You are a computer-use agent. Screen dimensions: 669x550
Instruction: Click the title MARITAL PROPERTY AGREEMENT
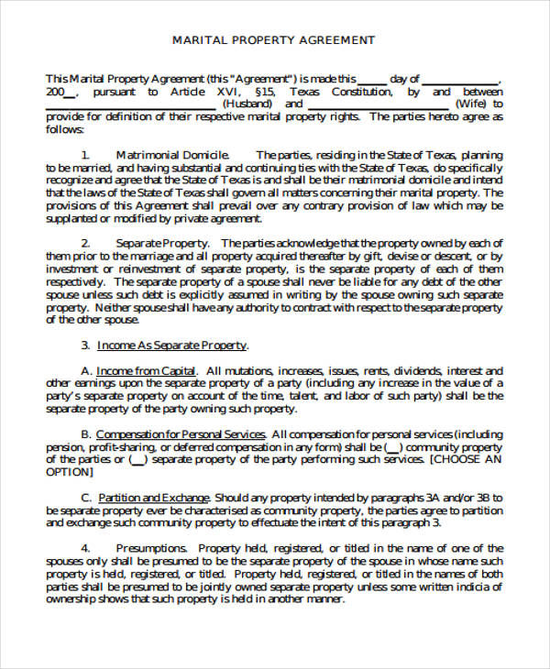click(274, 40)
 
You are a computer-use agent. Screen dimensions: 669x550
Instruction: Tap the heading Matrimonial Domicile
click(172, 155)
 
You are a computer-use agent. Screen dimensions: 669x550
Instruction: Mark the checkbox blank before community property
click(392, 447)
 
